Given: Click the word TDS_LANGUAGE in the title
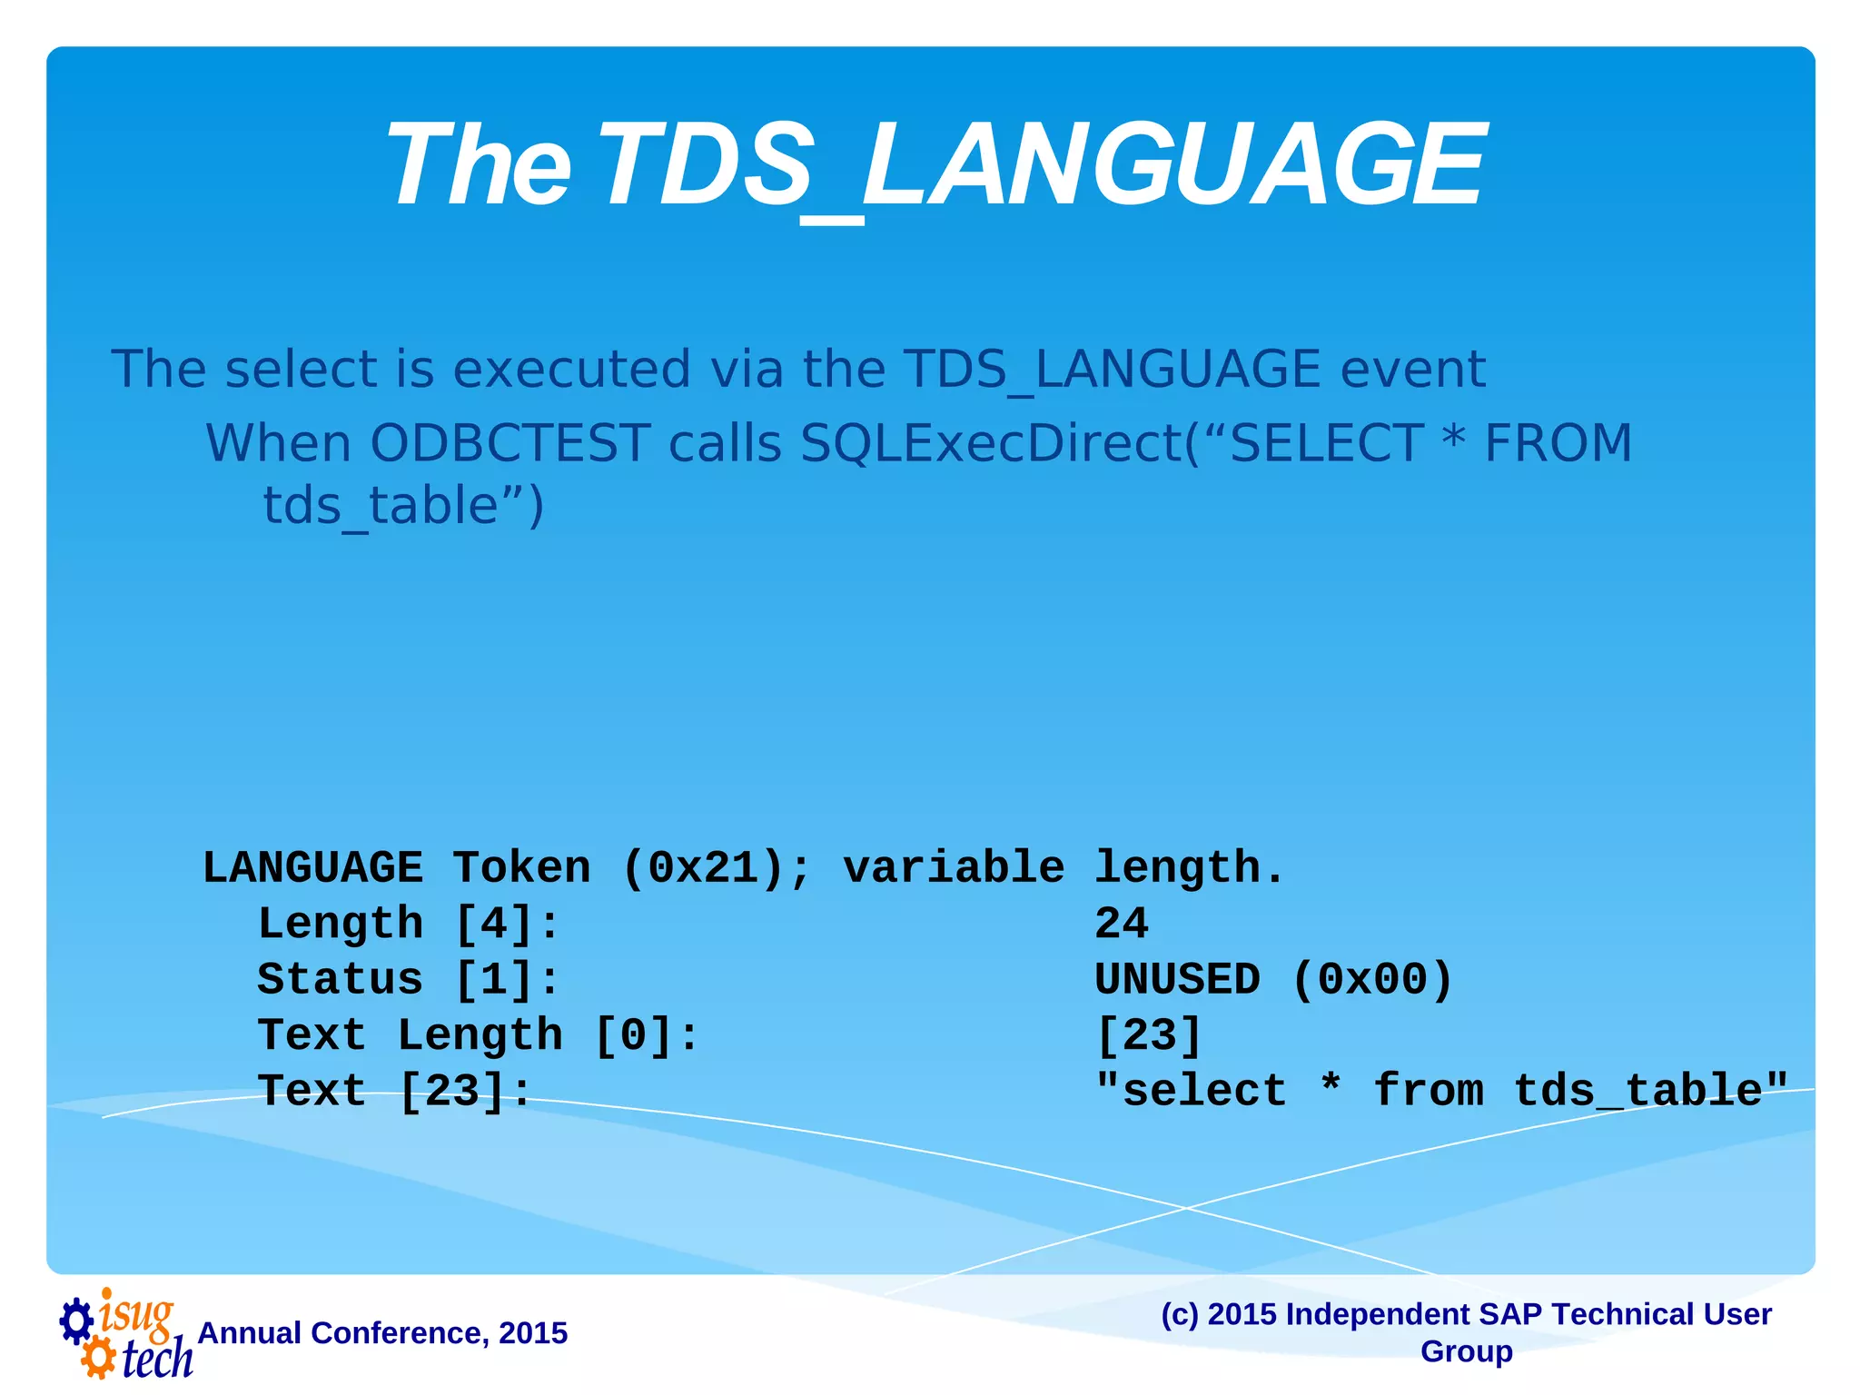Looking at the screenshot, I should (x=1040, y=166).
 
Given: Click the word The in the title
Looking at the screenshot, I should (x=479, y=166).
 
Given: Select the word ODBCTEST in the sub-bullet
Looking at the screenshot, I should (x=510, y=443).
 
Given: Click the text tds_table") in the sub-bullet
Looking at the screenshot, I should (x=403, y=506).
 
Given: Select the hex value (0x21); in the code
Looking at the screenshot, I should (x=716, y=867).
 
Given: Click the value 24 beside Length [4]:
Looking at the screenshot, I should (x=1122, y=924).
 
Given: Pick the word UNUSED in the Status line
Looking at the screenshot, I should (x=1177, y=979).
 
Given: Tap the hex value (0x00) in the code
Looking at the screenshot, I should (x=1372, y=979).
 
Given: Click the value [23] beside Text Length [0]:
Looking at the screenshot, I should (x=1150, y=1035).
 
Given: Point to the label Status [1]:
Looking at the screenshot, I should (x=409, y=979).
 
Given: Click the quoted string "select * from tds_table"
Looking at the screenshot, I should (x=1441, y=1091).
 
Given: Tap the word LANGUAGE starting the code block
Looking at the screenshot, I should (x=312, y=867).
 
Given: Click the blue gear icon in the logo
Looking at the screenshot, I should (x=76, y=1321).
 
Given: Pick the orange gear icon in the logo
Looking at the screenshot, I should (x=98, y=1359).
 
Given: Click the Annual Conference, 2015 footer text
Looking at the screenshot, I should (x=382, y=1332).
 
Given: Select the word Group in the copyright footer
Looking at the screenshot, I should (x=1466, y=1351).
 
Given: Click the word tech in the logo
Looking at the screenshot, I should (x=157, y=1360).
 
